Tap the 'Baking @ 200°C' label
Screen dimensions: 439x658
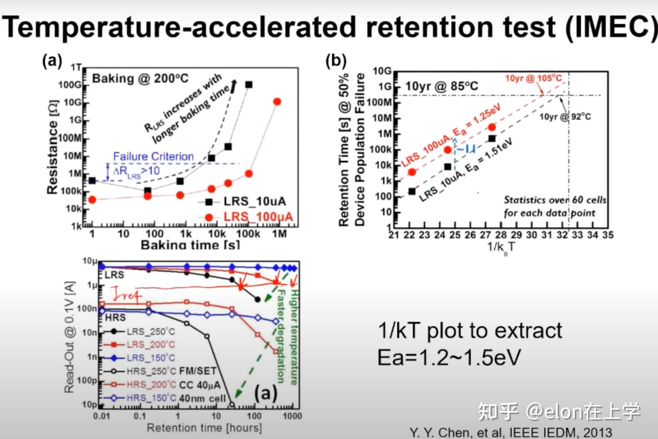(x=140, y=79)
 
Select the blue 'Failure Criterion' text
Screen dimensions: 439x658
(x=153, y=156)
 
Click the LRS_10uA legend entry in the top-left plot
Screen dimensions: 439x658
(x=255, y=202)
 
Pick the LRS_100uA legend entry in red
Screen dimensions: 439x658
(x=258, y=217)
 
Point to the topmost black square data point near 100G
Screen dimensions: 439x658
(x=249, y=85)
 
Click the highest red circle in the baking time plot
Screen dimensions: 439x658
(x=277, y=102)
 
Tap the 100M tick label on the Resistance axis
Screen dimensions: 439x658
(x=71, y=138)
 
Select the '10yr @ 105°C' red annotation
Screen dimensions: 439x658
(x=533, y=78)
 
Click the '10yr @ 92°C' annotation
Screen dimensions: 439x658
(x=565, y=116)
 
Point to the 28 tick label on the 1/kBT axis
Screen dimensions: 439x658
(x=501, y=235)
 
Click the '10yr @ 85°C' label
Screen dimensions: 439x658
(x=441, y=86)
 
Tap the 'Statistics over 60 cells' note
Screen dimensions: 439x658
(x=555, y=200)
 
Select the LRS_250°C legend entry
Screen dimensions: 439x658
(x=150, y=331)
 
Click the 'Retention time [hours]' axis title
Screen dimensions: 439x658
(x=204, y=428)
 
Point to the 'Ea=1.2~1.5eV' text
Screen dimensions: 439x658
(x=449, y=357)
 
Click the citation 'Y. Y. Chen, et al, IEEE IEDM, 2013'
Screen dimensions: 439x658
(x=511, y=432)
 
